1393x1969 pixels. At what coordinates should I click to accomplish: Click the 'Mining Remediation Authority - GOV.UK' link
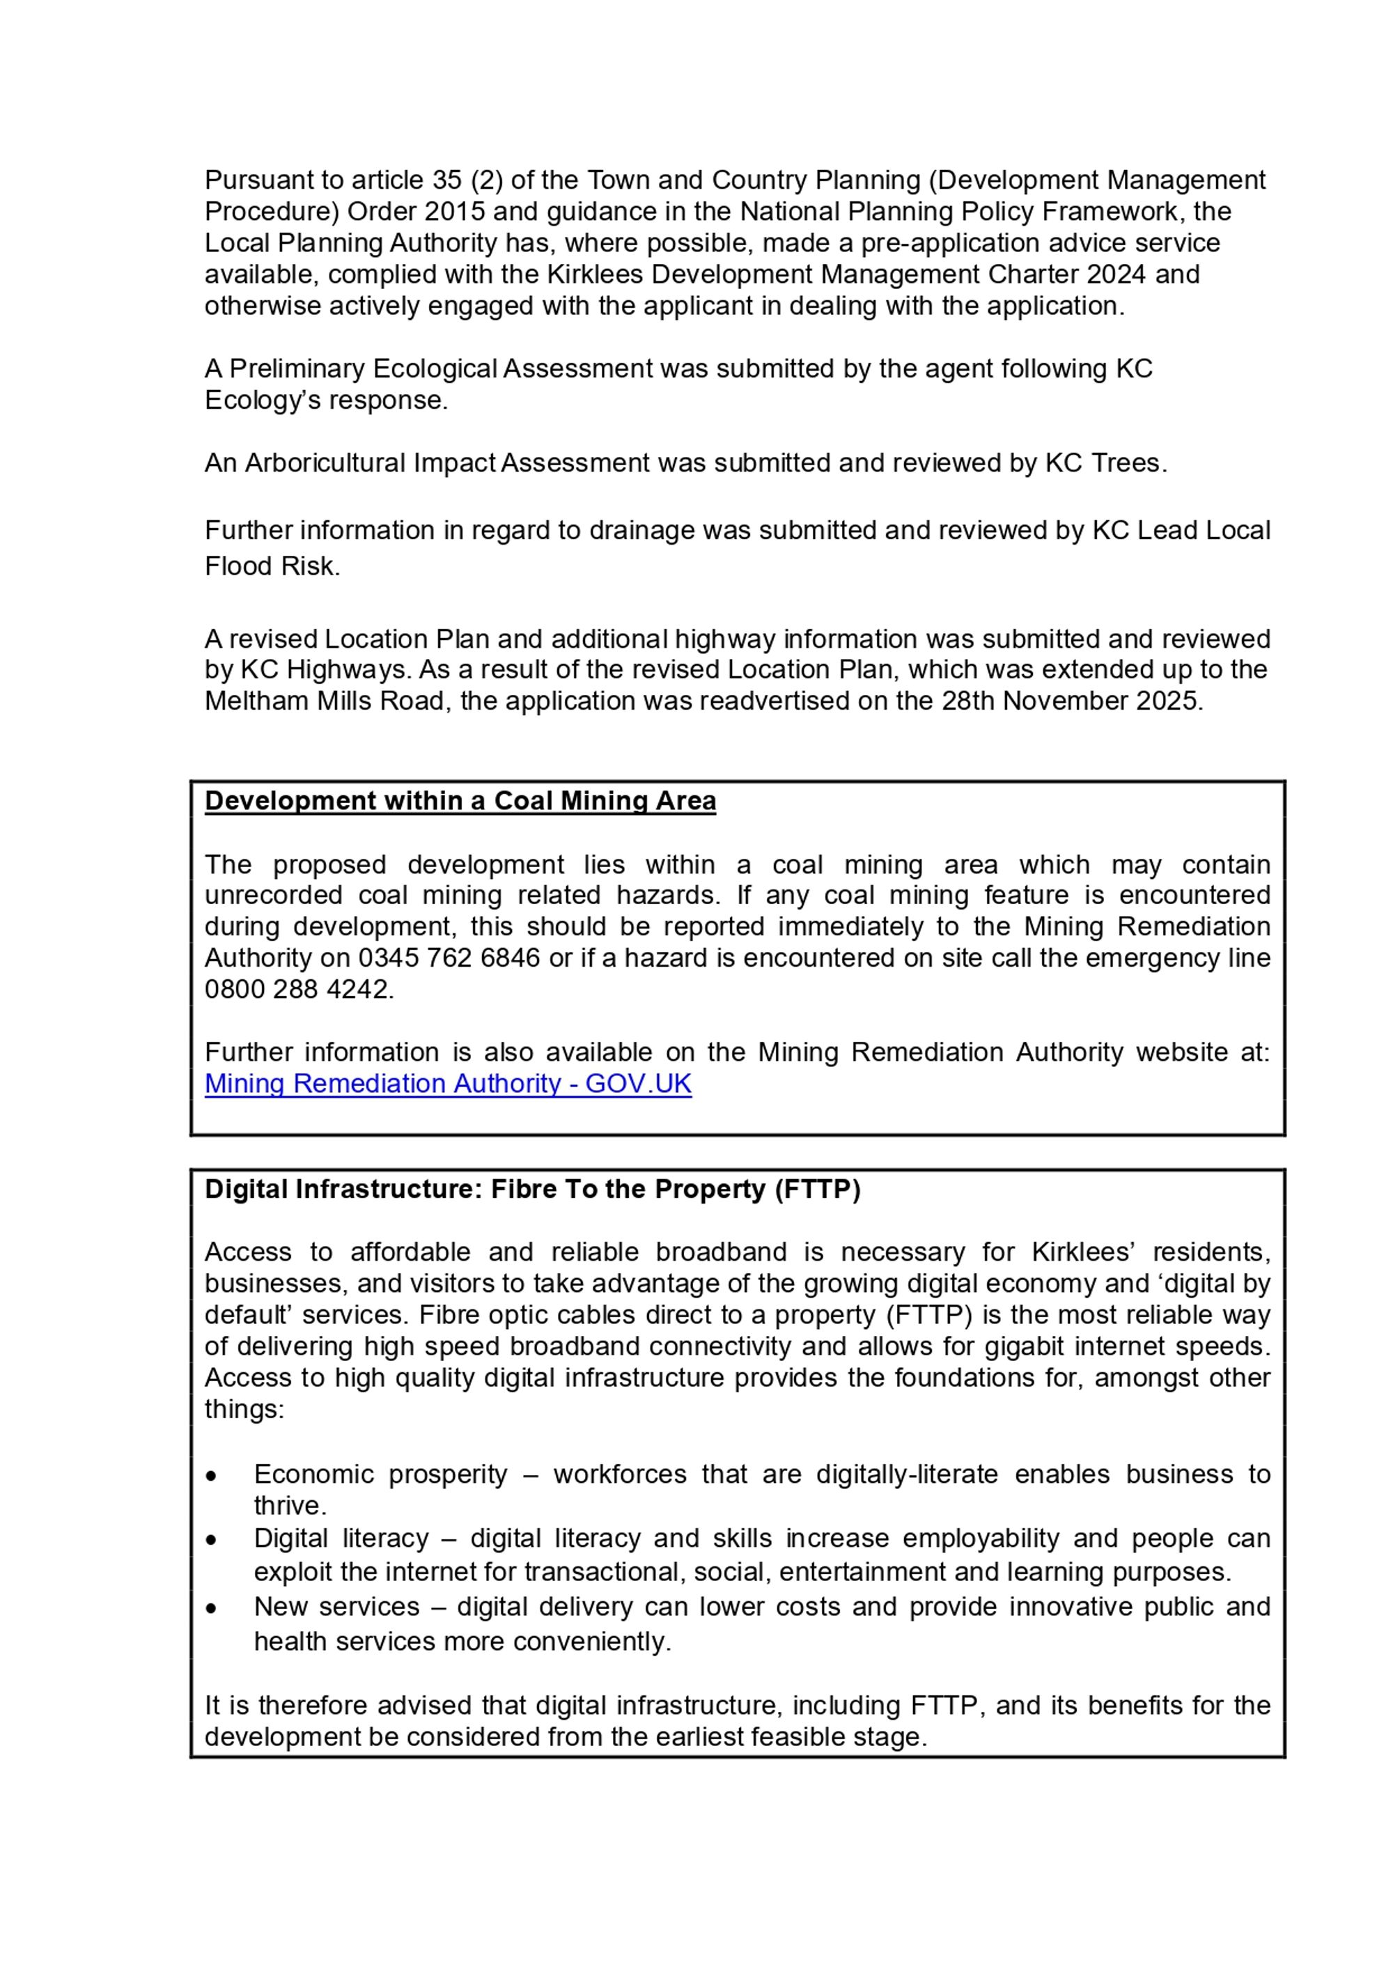click(x=448, y=1084)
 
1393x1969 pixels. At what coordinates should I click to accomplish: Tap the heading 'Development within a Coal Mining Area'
click(x=460, y=801)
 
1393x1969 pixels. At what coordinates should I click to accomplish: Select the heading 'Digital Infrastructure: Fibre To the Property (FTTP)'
click(x=532, y=1190)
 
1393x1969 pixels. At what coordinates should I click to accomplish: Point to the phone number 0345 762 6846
click(x=449, y=958)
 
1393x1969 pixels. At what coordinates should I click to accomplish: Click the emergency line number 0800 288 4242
click(x=297, y=990)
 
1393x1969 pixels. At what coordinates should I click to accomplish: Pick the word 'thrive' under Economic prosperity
click(x=288, y=1506)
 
